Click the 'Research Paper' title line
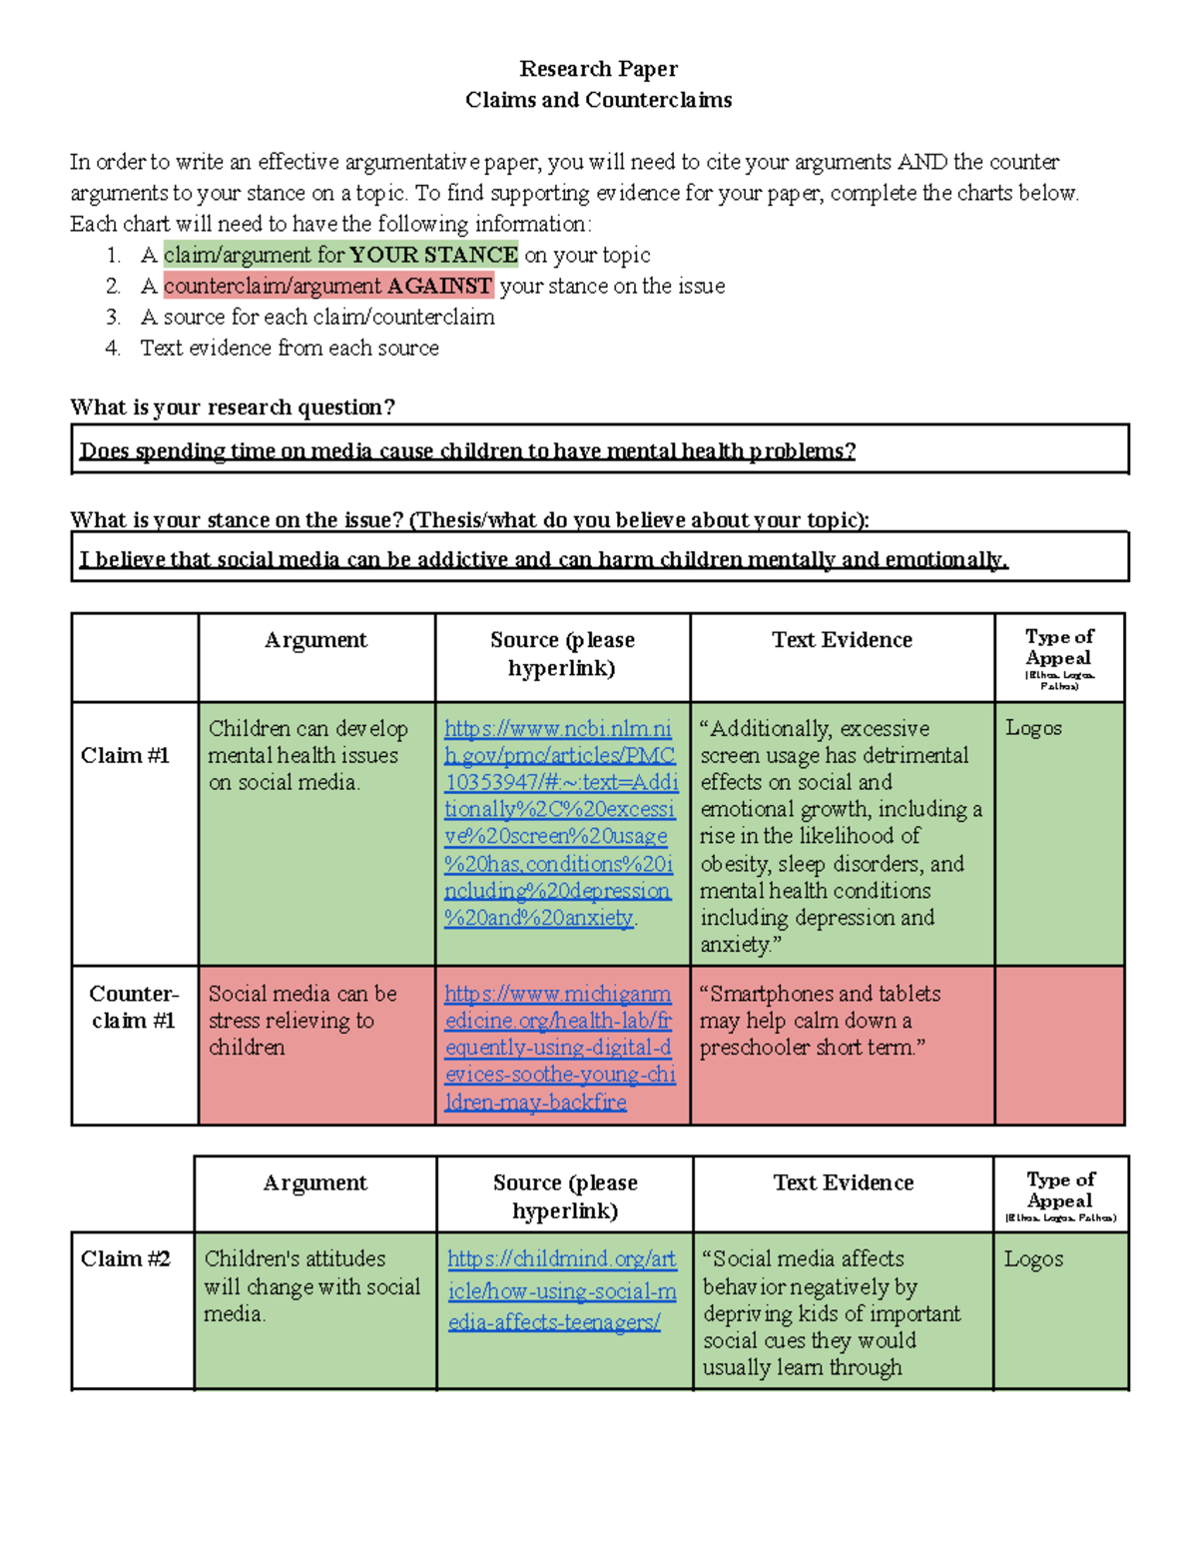[598, 69]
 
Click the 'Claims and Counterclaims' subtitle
[598, 100]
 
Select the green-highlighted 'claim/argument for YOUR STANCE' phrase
[340, 255]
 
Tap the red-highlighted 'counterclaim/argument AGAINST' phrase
[327, 286]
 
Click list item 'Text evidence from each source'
[290, 348]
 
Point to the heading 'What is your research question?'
[233, 407]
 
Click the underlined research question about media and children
[467, 450]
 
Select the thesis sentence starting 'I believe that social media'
[544, 559]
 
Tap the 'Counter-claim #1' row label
[134, 1007]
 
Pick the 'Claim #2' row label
[126, 1258]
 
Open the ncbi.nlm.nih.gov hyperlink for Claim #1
[560, 823]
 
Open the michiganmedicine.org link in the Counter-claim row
[559, 1048]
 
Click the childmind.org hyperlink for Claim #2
[562, 1290]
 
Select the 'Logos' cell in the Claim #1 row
[1033, 728]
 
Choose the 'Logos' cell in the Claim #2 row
[1033, 1259]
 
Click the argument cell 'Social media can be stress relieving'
[302, 1020]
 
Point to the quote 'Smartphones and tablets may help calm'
[820, 1020]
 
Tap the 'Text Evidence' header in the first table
[842, 640]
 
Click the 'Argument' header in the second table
[315, 1182]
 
